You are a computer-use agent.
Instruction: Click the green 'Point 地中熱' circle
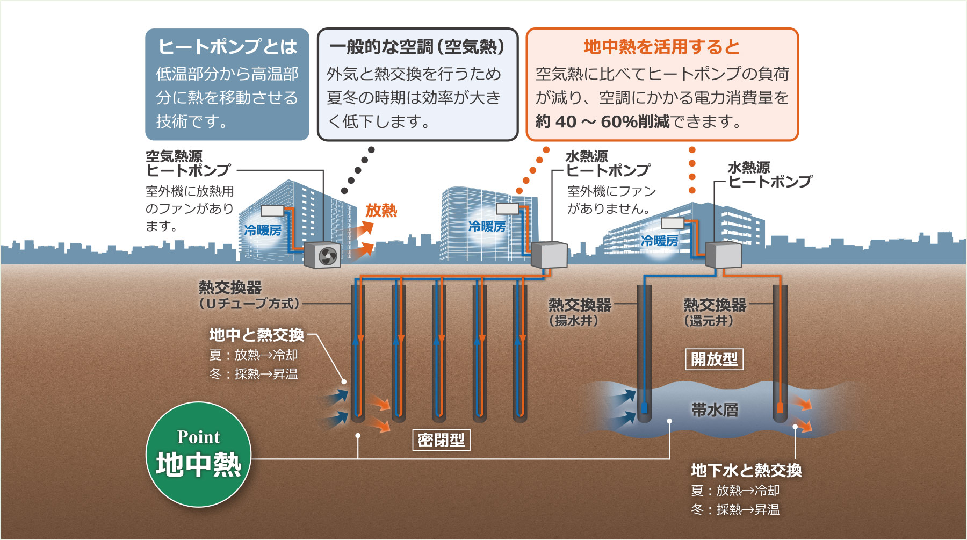pos(198,455)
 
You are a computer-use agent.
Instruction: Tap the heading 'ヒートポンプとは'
pos(227,47)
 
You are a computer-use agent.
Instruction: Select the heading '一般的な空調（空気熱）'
pos(417,47)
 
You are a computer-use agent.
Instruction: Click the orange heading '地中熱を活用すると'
pos(662,47)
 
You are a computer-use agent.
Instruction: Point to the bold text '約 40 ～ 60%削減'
pos(602,122)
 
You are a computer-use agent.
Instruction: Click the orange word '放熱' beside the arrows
pos(381,210)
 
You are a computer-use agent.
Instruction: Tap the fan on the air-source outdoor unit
pos(328,256)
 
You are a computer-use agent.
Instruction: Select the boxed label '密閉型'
pos(441,440)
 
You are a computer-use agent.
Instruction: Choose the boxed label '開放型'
pos(714,359)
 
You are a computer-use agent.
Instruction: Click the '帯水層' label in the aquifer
pos(715,410)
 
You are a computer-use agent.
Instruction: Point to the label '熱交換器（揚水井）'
pos(579,312)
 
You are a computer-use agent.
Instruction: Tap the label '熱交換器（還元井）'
pos(714,312)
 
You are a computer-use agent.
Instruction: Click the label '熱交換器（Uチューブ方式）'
pos(248,296)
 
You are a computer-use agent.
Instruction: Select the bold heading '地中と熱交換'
pos(257,335)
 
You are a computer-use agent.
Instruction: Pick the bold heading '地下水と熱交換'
pos(746,471)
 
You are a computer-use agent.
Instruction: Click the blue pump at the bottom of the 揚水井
pos(645,407)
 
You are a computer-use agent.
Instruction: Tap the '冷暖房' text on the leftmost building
pos(263,231)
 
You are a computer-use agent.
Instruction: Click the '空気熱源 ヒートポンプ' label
pos(188,163)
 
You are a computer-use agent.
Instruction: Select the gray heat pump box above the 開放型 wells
pos(723,255)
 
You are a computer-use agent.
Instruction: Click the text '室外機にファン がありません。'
pos(611,200)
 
